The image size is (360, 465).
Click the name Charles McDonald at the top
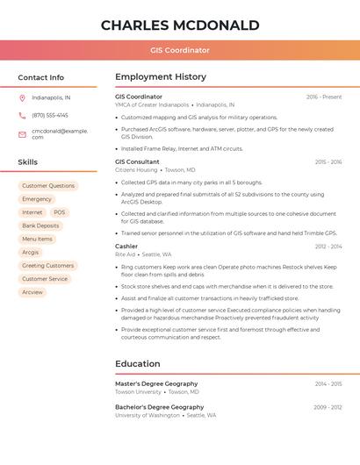pos(180,25)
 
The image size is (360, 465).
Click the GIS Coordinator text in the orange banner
pos(180,50)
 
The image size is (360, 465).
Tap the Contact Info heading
pos(41,77)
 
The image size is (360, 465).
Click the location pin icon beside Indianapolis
pos(22,97)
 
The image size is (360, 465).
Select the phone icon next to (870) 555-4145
pos(22,115)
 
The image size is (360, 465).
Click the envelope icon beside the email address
pos(22,133)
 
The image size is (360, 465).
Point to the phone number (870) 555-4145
pos(50,115)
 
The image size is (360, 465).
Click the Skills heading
pos(28,162)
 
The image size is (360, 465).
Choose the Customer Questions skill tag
pos(48,186)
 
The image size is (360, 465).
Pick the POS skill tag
pos(59,212)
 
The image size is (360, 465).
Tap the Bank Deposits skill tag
pos(40,225)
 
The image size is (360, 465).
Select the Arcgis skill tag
pos(31,252)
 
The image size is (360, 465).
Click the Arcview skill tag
pos(32,292)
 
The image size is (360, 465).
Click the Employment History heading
pos(161,77)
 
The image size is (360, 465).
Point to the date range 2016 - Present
pos(324,97)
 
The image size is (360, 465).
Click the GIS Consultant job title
pos(137,162)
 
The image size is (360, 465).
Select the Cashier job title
pos(126,247)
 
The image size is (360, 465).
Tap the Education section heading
pos(138,363)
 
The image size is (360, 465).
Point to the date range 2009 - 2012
pos(328,407)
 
